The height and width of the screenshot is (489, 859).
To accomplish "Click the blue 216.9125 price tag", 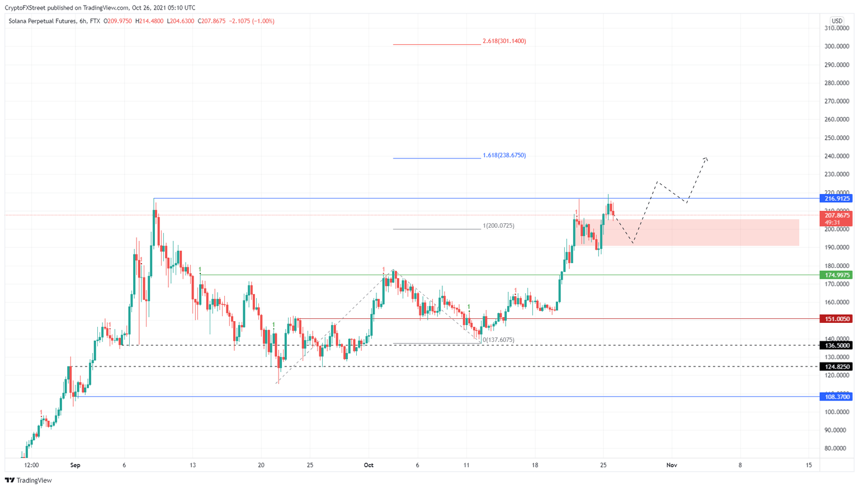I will [x=836, y=199].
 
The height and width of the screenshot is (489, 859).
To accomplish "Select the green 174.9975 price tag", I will [x=836, y=275].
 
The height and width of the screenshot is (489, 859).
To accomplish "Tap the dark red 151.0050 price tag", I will [x=836, y=319].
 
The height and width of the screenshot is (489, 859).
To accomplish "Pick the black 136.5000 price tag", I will [x=836, y=346].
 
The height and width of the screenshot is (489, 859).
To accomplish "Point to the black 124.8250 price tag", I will [x=836, y=367].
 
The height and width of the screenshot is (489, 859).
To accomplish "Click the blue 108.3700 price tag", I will [x=836, y=397].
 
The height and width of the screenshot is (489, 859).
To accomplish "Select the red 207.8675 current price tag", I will [x=836, y=215].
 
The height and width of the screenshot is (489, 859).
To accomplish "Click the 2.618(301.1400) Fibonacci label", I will [x=504, y=41].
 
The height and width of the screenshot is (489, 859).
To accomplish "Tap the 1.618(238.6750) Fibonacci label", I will [x=504, y=156].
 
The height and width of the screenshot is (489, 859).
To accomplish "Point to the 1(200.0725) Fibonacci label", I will [x=498, y=226].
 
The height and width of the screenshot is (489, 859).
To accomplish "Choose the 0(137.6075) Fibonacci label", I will [x=498, y=340].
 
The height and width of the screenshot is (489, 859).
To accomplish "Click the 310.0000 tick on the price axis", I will [x=837, y=29].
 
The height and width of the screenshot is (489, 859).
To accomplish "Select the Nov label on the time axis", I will [x=672, y=466].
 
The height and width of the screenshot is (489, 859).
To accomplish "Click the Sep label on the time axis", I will [x=75, y=466].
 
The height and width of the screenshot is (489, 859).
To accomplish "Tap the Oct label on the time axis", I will [x=368, y=466].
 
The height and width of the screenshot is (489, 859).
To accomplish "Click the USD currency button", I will [x=837, y=21].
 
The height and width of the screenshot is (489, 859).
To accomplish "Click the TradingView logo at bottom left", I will [x=28, y=481].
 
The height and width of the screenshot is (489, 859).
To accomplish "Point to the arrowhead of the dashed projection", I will [x=707, y=158].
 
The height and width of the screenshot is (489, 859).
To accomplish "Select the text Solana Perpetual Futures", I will [x=41, y=21].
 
